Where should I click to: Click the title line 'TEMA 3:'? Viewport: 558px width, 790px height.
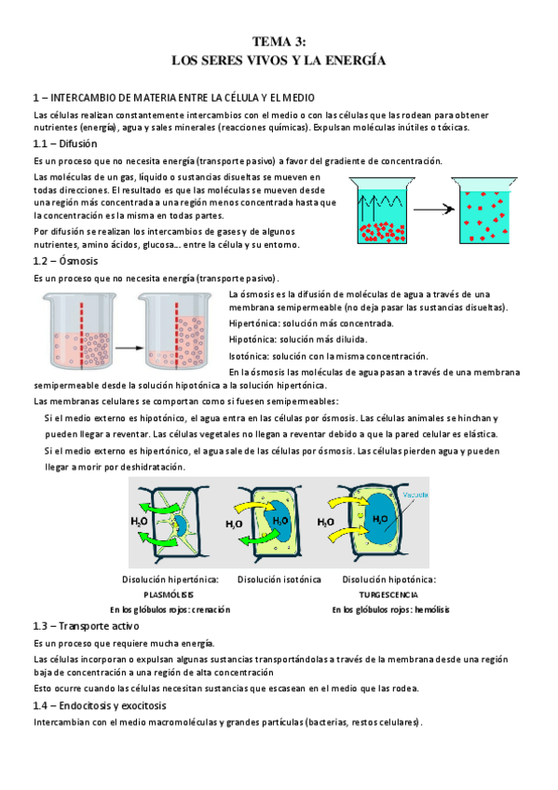point(279,41)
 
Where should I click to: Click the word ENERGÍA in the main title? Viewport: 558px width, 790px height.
point(356,61)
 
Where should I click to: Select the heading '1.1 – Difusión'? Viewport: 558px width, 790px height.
point(65,143)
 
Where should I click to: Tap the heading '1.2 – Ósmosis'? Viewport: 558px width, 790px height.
point(65,261)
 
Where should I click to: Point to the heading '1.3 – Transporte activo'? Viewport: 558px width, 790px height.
point(86,626)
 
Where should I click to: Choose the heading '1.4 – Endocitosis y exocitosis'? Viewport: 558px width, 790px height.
point(100,705)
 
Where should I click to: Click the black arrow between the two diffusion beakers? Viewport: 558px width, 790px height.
point(434,209)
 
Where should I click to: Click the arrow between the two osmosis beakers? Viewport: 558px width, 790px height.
point(129,347)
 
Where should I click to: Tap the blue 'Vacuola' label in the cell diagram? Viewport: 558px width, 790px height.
point(415,495)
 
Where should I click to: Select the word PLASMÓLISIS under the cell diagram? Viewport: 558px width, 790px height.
point(169,594)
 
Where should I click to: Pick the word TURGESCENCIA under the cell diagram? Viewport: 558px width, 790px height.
point(388,594)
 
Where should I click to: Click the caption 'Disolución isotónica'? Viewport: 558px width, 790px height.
point(279,579)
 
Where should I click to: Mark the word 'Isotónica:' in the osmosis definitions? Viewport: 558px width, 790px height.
point(250,356)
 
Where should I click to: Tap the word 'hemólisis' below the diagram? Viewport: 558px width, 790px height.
point(432,609)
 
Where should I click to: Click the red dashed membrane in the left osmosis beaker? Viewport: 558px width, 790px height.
point(82,335)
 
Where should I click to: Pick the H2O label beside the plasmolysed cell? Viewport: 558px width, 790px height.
point(139,522)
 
